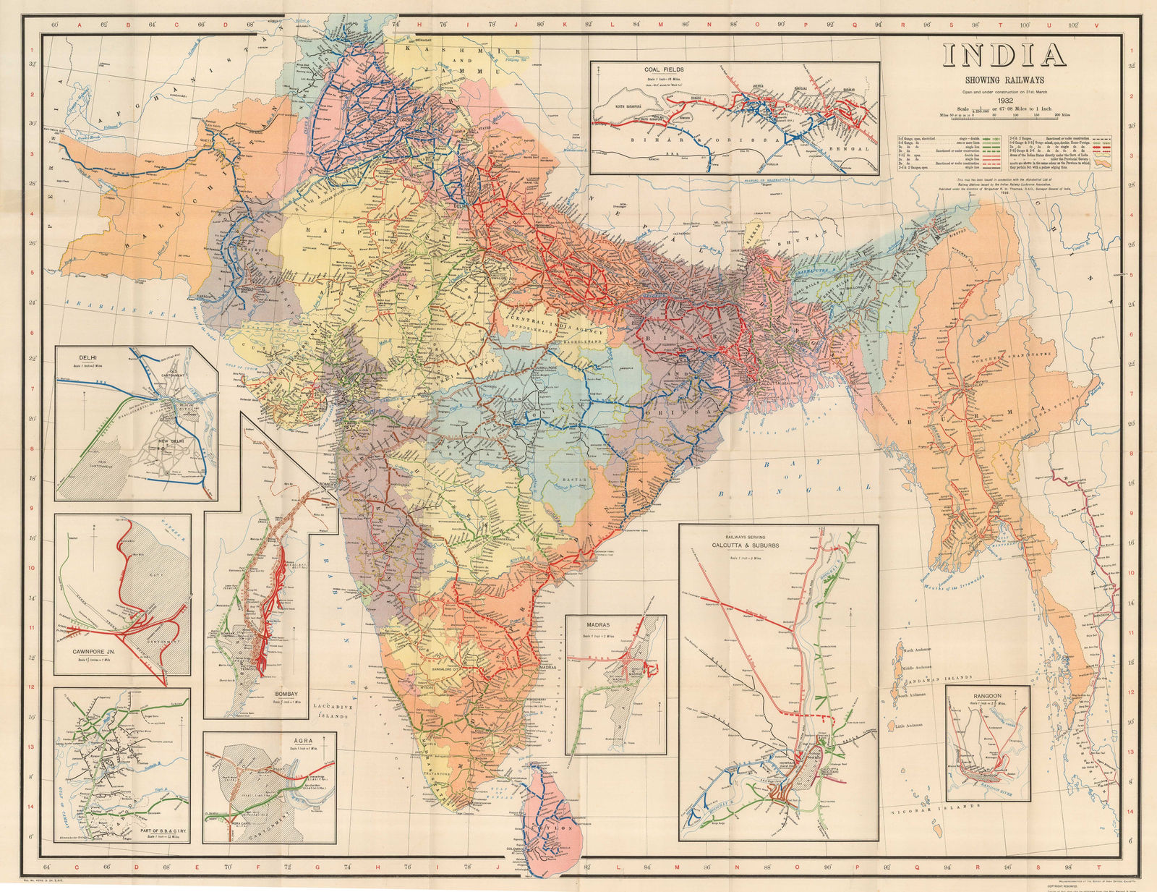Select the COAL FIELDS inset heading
pos(665,69)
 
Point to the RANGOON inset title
pos(986,695)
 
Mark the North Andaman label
pos(922,650)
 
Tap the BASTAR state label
pos(568,479)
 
